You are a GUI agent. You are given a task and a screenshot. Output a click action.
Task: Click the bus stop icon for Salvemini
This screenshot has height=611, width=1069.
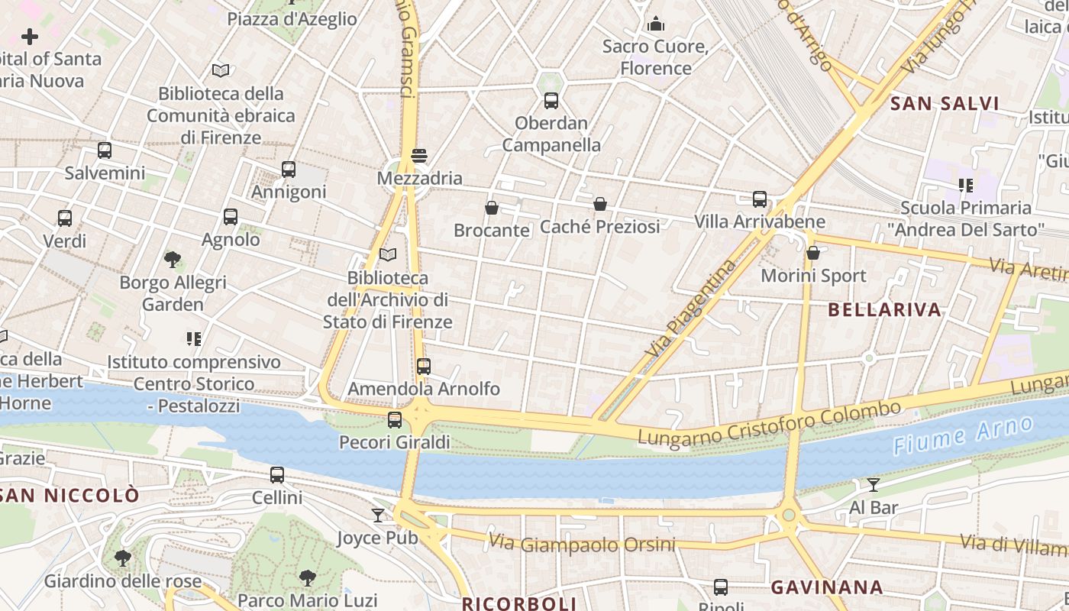click(x=105, y=150)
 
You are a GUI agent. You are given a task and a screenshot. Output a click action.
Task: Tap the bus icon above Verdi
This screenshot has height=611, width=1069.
click(x=65, y=218)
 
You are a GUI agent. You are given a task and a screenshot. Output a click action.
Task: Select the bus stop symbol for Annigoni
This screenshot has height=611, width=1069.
click(x=289, y=170)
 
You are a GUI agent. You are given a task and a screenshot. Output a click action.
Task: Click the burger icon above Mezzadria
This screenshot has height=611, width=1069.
click(x=418, y=156)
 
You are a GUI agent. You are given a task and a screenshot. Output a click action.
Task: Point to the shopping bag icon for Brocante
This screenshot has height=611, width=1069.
click(x=492, y=208)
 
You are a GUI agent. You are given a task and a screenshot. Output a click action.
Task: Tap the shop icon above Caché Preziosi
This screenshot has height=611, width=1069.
click(x=600, y=204)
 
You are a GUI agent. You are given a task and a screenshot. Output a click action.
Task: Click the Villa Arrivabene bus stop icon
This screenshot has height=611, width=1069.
click(x=760, y=199)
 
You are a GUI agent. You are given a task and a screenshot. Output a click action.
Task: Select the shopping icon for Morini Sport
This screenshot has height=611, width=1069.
click(x=813, y=253)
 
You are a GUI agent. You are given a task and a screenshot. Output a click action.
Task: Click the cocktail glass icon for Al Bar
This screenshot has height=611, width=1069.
click(x=874, y=485)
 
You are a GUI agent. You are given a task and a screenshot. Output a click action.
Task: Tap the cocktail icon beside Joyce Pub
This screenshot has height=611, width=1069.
click(x=378, y=516)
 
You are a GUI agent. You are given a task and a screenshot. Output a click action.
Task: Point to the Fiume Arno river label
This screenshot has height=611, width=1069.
click(x=963, y=435)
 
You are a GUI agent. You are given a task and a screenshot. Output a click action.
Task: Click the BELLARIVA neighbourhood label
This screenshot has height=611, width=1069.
click(x=884, y=310)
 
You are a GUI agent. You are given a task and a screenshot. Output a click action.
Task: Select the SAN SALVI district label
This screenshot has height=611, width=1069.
click(x=945, y=104)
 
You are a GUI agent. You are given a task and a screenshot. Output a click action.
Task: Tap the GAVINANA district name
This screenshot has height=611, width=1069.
click(x=827, y=587)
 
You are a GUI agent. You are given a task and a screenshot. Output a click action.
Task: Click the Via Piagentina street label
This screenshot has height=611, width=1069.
click(x=691, y=309)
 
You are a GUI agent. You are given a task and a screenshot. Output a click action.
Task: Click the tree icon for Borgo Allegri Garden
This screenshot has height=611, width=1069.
click(x=173, y=260)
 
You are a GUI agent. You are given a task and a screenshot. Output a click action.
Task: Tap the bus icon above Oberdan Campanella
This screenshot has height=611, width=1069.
click(x=551, y=101)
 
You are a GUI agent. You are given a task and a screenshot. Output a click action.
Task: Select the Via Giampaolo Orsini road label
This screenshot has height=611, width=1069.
click(x=582, y=544)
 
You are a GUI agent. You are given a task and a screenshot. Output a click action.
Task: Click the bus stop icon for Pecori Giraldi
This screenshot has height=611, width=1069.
click(x=395, y=420)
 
